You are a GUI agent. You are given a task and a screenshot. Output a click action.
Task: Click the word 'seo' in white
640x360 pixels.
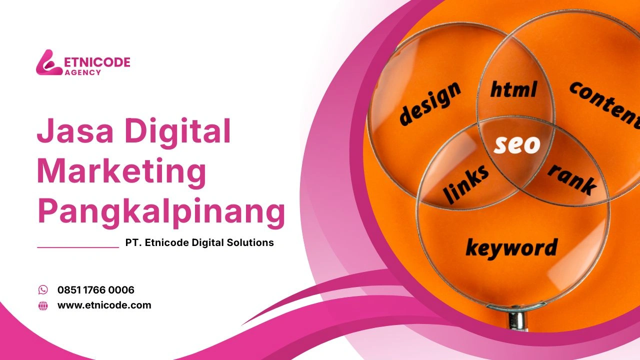pyautogui.click(x=517, y=144)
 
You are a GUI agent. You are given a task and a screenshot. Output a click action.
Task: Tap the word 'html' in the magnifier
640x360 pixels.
pyautogui.click(x=513, y=89)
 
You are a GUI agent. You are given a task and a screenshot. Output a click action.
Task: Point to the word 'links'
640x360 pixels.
pyautogui.click(x=466, y=182)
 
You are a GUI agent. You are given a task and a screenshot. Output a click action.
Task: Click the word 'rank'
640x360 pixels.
pyautogui.click(x=572, y=178)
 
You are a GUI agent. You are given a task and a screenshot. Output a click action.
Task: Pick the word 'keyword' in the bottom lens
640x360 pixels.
pyautogui.click(x=511, y=247)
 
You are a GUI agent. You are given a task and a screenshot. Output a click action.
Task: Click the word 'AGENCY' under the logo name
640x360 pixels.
pyautogui.click(x=83, y=72)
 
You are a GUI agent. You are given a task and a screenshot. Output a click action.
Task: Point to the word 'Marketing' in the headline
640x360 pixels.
pyautogui.click(x=121, y=171)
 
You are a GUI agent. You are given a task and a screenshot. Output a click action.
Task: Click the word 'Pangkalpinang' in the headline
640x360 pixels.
pyautogui.click(x=161, y=212)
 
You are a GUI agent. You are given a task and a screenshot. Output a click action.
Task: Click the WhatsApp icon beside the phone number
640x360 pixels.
pyautogui.click(x=43, y=290)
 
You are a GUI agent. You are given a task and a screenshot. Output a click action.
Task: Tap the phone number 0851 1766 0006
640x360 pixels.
pyautogui.click(x=96, y=290)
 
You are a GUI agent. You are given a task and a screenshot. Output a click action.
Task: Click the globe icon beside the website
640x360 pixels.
pyautogui.click(x=43, y=305)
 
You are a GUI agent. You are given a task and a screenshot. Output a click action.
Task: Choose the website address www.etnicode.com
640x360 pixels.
pyautogui.click(x=104, y=305)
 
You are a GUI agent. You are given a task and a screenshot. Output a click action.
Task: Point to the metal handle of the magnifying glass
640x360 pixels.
pyautogui.click(x=515, y=320)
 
